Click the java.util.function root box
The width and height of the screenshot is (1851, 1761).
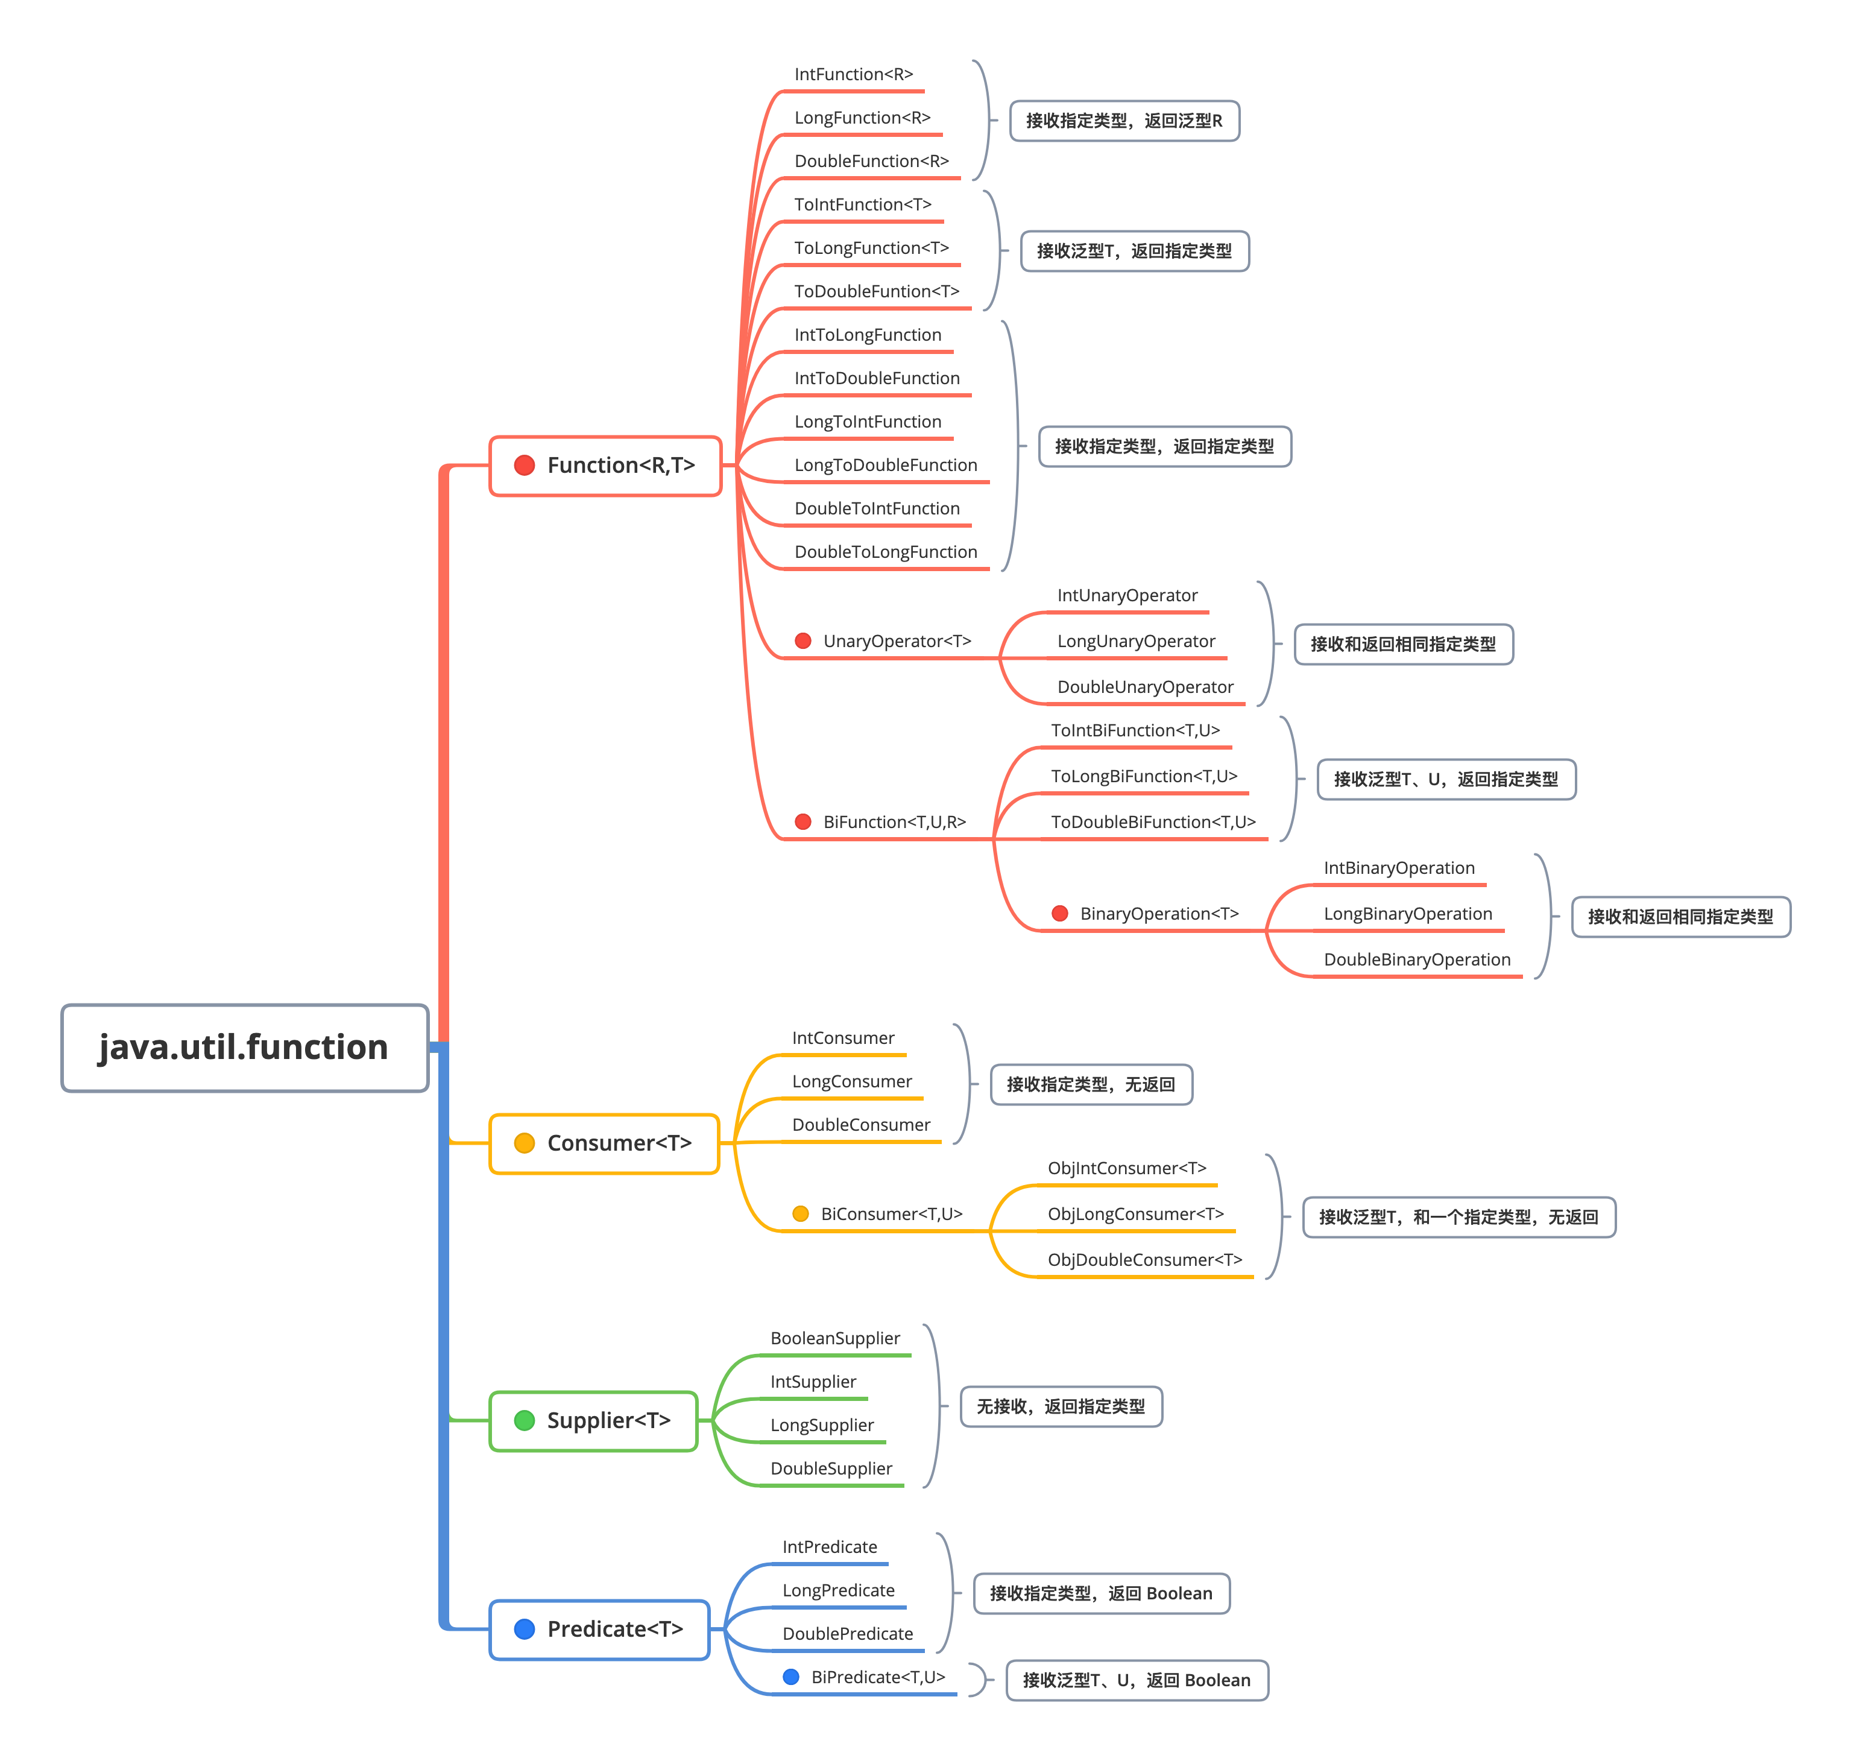coord(245,1048)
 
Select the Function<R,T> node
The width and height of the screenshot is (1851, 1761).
coord(605,466)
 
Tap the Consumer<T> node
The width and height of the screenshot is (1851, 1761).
coord(605,1143)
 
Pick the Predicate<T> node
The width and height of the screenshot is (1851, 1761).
coord(600,1630)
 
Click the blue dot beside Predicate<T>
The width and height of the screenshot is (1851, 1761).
coord(525,1630)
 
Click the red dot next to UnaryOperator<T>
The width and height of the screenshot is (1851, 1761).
coord(803,641)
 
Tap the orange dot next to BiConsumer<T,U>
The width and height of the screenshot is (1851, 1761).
coord(801,1214)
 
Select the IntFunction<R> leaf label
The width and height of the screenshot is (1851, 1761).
coord(853,74)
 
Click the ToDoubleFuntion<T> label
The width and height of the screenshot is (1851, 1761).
coord(877,292)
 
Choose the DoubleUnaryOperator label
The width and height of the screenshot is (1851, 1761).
coord(1145,687)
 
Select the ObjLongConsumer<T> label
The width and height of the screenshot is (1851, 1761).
coord(1136,1215)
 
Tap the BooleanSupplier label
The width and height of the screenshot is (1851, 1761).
coord(836,1339)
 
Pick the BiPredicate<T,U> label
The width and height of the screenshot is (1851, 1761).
coord(878,1677)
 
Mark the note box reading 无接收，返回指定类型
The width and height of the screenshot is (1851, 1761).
coord(1062,1407)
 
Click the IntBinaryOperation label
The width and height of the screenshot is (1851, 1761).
coord(1399,868)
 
